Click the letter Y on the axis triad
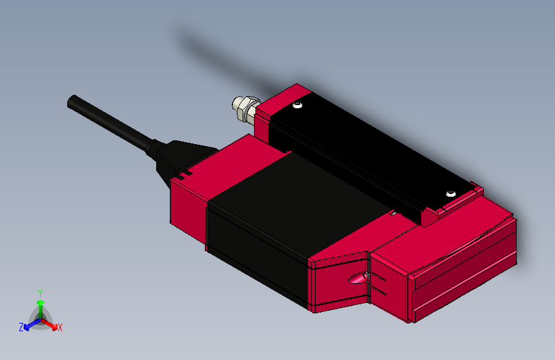coord(40,293)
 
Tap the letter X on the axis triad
coord(60,327)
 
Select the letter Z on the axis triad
coord(21,327)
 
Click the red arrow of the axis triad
coord(49,324)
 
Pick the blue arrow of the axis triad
coord(32,325)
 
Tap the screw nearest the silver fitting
coord(297,104)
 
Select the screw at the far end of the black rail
coord(451,193)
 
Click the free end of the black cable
coord(73,102)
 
